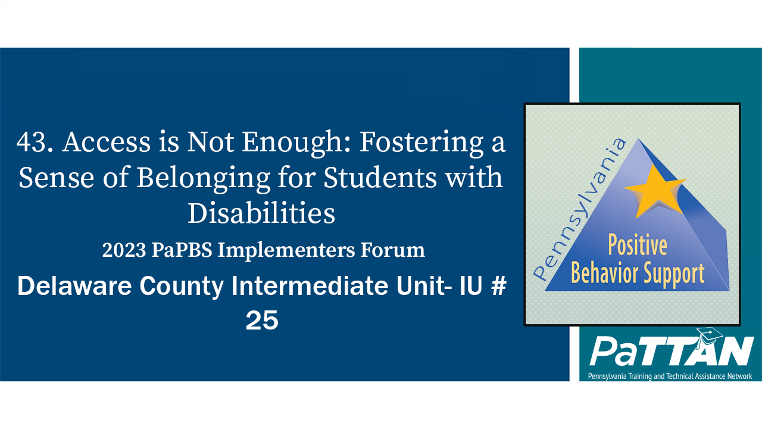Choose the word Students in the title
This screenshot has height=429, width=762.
412,178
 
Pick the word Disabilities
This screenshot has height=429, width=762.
261,213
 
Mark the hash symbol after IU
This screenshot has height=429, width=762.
499,287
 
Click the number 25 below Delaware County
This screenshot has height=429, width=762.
262,321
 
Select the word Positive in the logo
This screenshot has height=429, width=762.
636,245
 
